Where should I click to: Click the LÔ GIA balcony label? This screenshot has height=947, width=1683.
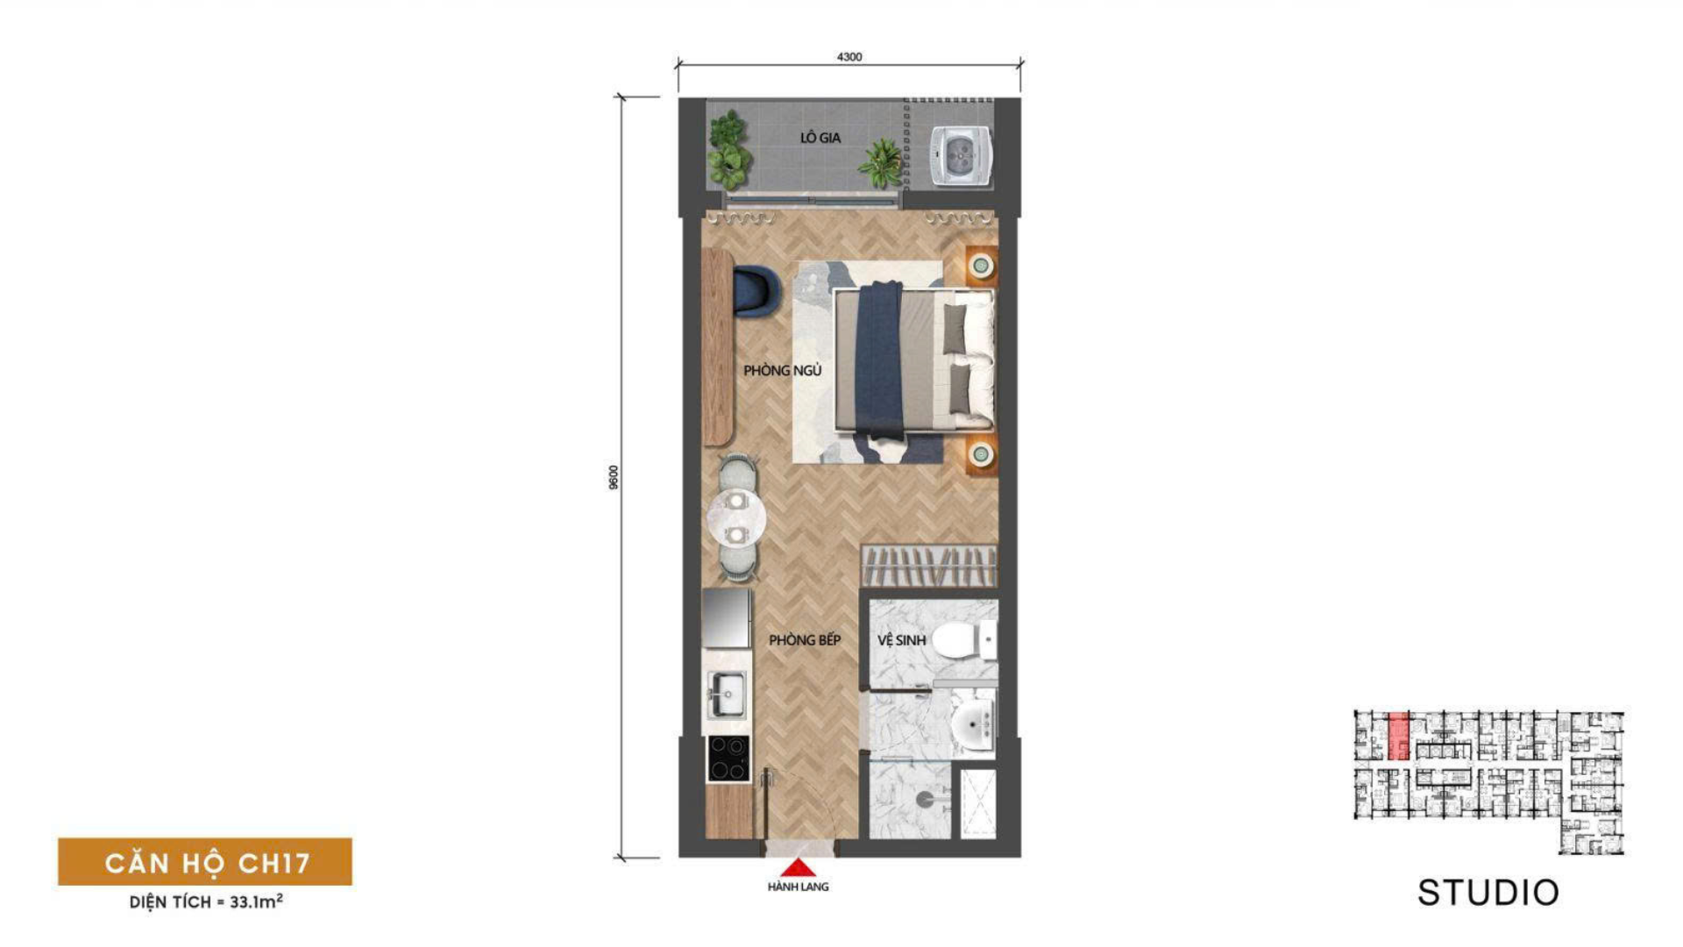point(820,138)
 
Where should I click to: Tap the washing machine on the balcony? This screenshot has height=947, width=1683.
point(960,155)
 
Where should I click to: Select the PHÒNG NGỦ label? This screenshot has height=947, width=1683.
point(783,371)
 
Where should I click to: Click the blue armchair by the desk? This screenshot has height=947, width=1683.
point(756,290)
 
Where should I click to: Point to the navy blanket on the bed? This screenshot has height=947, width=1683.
point(879,360)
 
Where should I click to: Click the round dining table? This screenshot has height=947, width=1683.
point(736,517)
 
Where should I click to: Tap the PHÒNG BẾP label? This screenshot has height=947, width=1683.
point(805,640)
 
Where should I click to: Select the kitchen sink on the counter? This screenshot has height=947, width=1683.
point(727,694)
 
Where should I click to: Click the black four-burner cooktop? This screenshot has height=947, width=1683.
point(728,758)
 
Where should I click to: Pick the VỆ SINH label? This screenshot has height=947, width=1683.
point(901,641)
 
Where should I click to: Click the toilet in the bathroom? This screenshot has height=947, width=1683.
point(963,640)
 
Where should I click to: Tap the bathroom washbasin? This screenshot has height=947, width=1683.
point(972,724)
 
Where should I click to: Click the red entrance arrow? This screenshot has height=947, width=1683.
point(798,867)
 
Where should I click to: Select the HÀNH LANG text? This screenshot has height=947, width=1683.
point(798,887)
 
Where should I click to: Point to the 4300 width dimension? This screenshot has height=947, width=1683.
point(849,57)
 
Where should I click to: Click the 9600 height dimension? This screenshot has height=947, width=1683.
point(614,477)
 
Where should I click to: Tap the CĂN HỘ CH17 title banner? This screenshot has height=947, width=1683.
point(205,862)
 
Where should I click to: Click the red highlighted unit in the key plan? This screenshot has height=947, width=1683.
point(1398,736)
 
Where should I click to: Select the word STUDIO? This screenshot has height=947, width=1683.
point(1488,893)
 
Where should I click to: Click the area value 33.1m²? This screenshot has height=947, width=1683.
point(256,901)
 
